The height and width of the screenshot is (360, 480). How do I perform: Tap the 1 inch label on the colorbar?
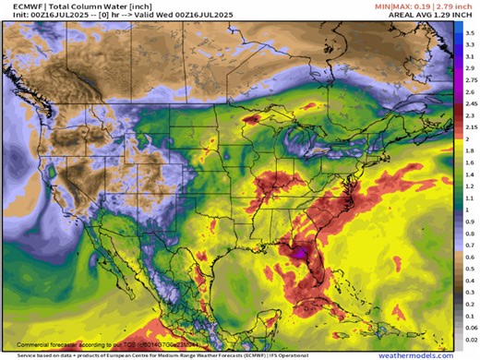(x=468, y=210)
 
